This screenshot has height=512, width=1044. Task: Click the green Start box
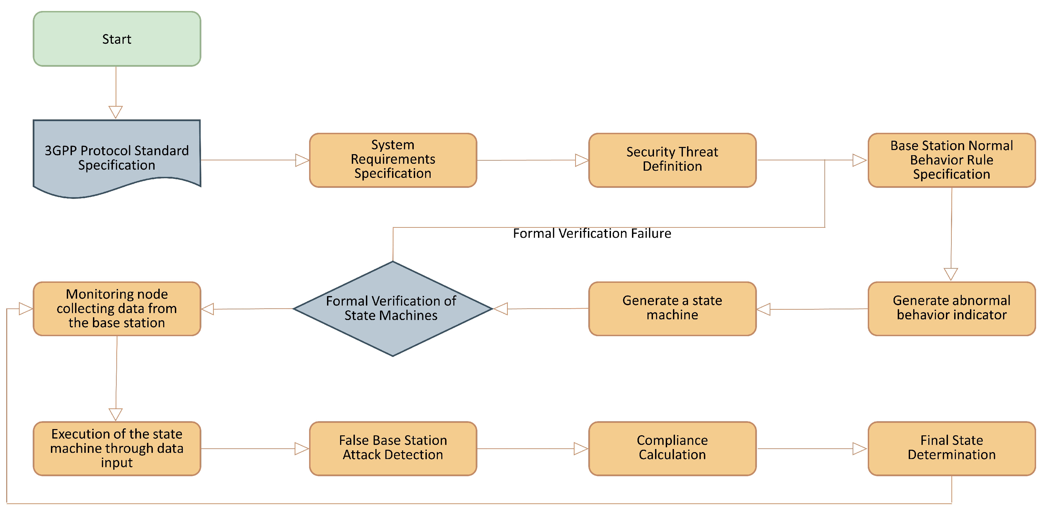(x=117, y=39)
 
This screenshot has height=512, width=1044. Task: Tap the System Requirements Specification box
(x=393, y=160)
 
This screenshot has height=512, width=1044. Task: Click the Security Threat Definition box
(x=672, y=160)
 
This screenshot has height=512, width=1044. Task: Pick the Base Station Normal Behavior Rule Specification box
(x=951, y=160)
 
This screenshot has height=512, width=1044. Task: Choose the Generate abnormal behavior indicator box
(x=951, y=308)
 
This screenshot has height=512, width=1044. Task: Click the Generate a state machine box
(x=672, y=308)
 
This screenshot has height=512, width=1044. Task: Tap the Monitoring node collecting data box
(x=117, y=308)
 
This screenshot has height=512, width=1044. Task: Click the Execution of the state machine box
(x=117, y=448)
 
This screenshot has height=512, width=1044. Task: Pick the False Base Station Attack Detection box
(x=393, y=448)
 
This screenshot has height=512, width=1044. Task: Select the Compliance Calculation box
(x=672, y=448)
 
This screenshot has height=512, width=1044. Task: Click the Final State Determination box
(x=951, y=448)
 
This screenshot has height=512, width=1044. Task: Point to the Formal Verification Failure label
(x=592, y=234)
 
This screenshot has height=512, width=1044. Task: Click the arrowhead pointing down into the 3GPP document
(x=116, y=112)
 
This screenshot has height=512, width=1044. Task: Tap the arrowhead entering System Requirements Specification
(x=302, y=160)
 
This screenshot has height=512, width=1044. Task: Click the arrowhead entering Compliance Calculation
(x=581, y=448)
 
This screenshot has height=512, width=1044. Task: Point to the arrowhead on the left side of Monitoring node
(x=25, y=309)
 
